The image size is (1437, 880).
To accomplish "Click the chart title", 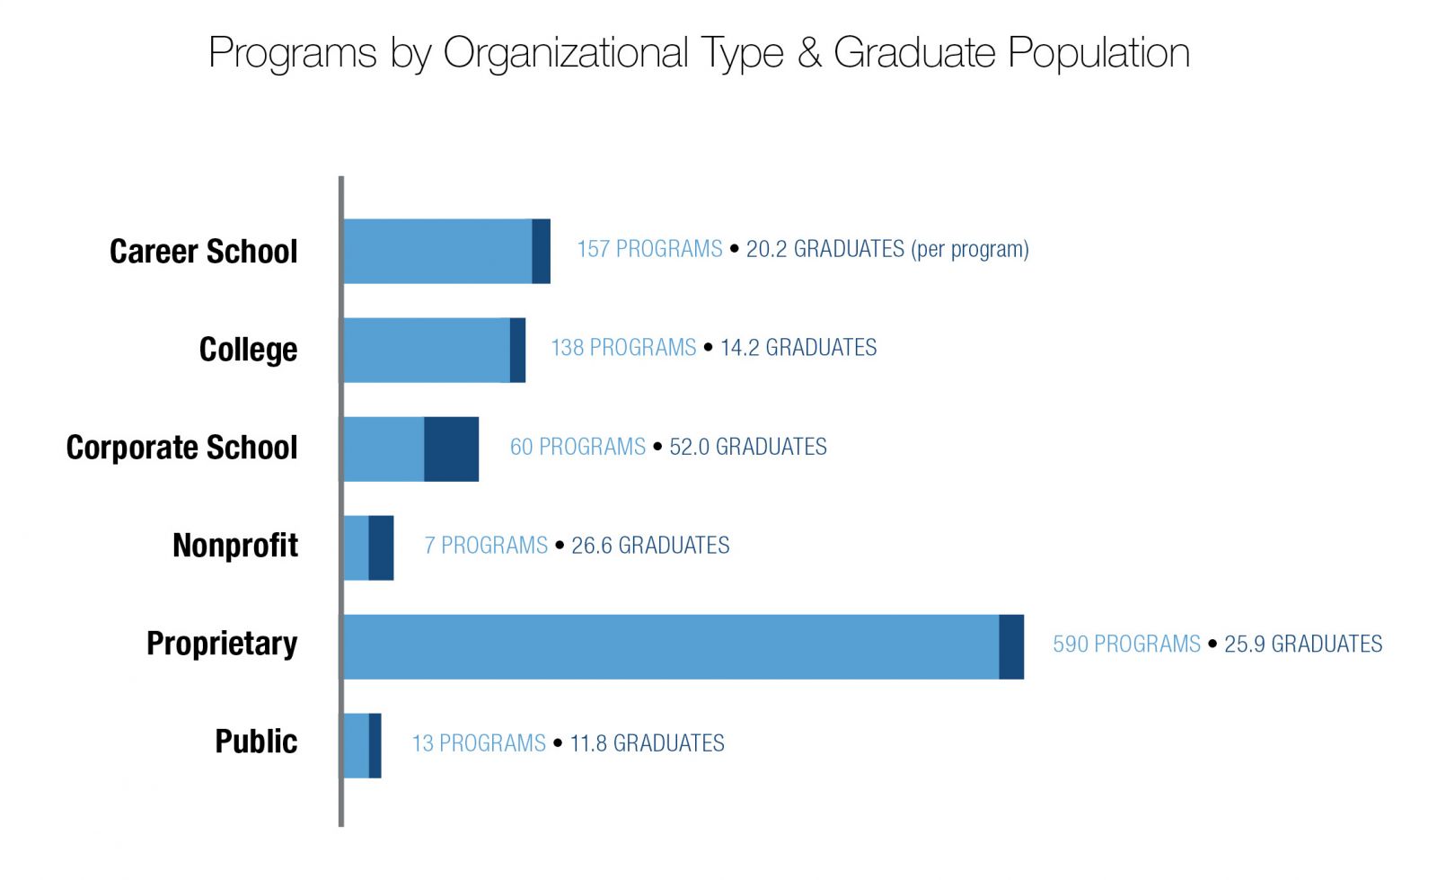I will [x=699, y=52].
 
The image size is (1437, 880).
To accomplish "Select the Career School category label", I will [x=203, y=252].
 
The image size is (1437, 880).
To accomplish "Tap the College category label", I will [x=248, y=350].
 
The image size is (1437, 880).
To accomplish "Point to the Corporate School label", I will [x=181, y=448].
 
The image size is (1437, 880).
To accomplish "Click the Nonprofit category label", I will [x=235, y=546].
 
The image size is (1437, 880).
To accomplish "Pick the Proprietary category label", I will [x=222, y=644].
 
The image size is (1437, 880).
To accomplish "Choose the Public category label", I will [x=256, y=742].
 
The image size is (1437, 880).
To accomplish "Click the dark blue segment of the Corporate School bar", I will [x=451, y=449].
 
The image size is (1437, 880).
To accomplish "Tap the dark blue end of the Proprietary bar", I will [x=1011, y=646].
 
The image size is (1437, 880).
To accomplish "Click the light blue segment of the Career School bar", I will [x=437, y=251].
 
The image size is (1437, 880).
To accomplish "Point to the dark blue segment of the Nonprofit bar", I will [x=381, y=547].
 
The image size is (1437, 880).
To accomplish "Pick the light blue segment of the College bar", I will [x=426, y=350].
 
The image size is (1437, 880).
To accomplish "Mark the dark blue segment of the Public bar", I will [x=375, y=745].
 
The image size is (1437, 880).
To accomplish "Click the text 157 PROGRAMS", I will [x=649, y=249].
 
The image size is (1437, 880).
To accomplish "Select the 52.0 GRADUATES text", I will [x=748, y=447].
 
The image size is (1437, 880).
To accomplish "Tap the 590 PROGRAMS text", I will [x=1126, y=644].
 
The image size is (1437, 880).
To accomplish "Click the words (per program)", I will [x=970, y=249].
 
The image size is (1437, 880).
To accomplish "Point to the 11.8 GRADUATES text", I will [x=647, y=743].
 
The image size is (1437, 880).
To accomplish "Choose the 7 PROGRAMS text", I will [x=486, y=546].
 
